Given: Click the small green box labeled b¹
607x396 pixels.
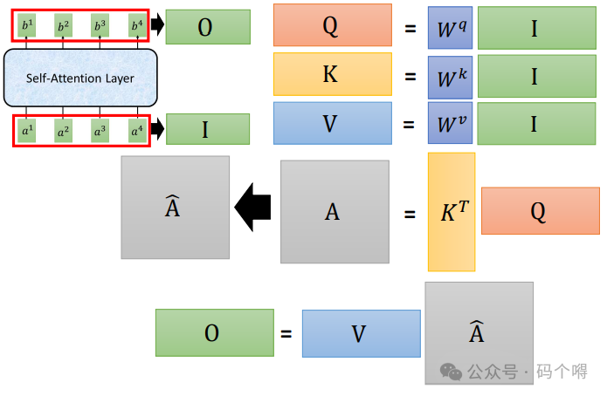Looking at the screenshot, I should tap(26, 26).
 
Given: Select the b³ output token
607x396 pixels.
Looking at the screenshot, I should tap(100, 26).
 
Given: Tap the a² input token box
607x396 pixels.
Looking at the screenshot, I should tap(63, 132).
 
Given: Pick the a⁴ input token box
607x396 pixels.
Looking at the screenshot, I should tap(136, 132).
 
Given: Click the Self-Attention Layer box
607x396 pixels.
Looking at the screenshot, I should tap(79, 79).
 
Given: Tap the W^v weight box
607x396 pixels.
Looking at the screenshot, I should tap(450, 124).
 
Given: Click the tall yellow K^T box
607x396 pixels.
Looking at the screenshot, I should tap(452, 212).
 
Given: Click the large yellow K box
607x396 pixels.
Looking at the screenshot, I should tap(331, 75).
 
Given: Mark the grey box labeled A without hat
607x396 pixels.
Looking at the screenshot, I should tap(335, 211).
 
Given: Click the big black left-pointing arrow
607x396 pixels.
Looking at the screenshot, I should tap(253, 208).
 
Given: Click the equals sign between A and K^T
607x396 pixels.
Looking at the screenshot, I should tap(410, 212).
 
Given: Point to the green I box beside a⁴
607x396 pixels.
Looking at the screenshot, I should tap(207, 130).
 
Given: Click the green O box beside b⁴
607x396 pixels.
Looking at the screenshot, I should tap(207, 27).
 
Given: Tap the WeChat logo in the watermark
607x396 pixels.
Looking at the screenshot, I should tap(452, 371).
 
